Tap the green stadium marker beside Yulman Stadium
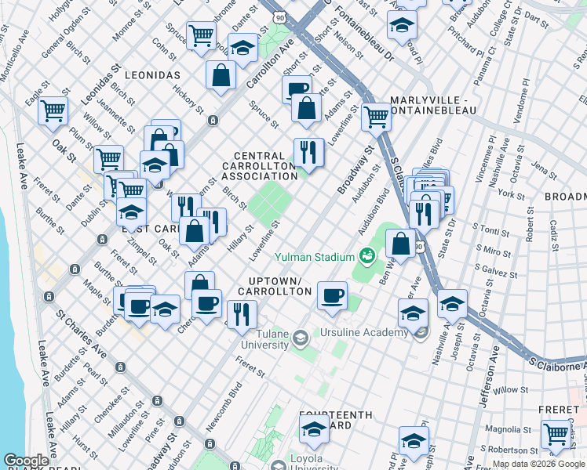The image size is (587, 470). (x=366, y=255)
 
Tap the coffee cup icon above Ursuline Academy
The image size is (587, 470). (x=332, y=295)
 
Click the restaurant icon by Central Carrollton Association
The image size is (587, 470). (x=308, y=151)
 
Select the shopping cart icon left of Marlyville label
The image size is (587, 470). (x=376, y=116)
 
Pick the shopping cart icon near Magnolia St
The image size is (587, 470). (x=556, y=432)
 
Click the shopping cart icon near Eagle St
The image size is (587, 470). (x=53, y=110)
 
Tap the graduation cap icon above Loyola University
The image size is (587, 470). (x=314, y=428)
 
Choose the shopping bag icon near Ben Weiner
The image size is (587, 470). (x=401, y=243)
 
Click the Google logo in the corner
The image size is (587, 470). (x=26, y=461)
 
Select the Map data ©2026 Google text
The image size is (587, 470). (x=538, y=465)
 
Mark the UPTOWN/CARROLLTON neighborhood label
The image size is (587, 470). (x=280, y=286)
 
